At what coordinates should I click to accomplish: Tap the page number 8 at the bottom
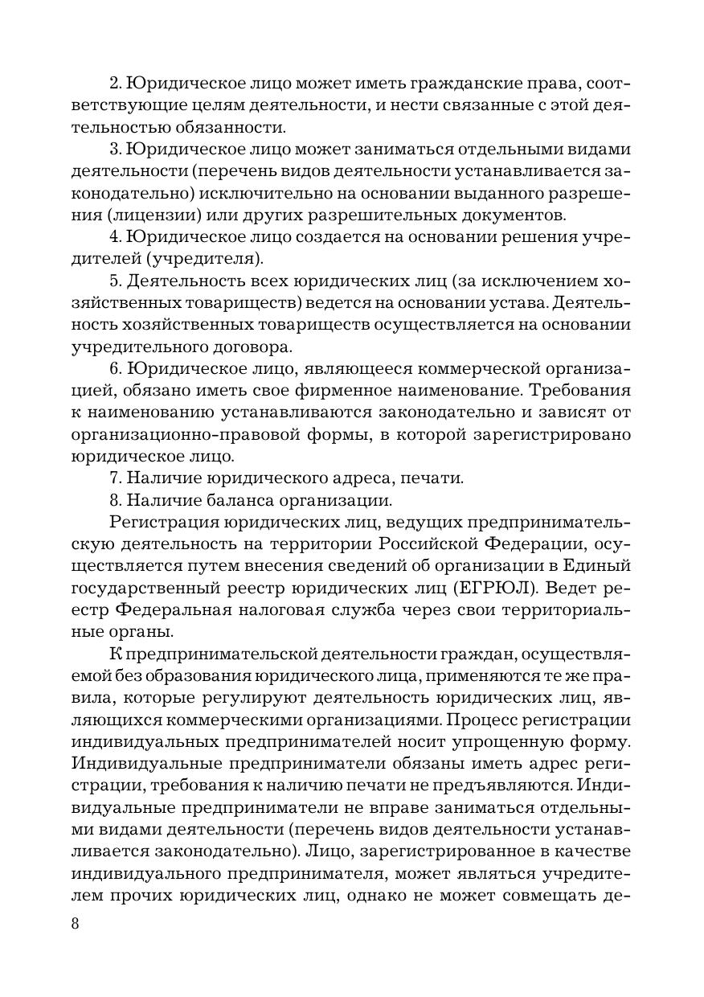76,922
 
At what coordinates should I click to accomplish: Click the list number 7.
113,478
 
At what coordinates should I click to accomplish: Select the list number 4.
113,237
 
